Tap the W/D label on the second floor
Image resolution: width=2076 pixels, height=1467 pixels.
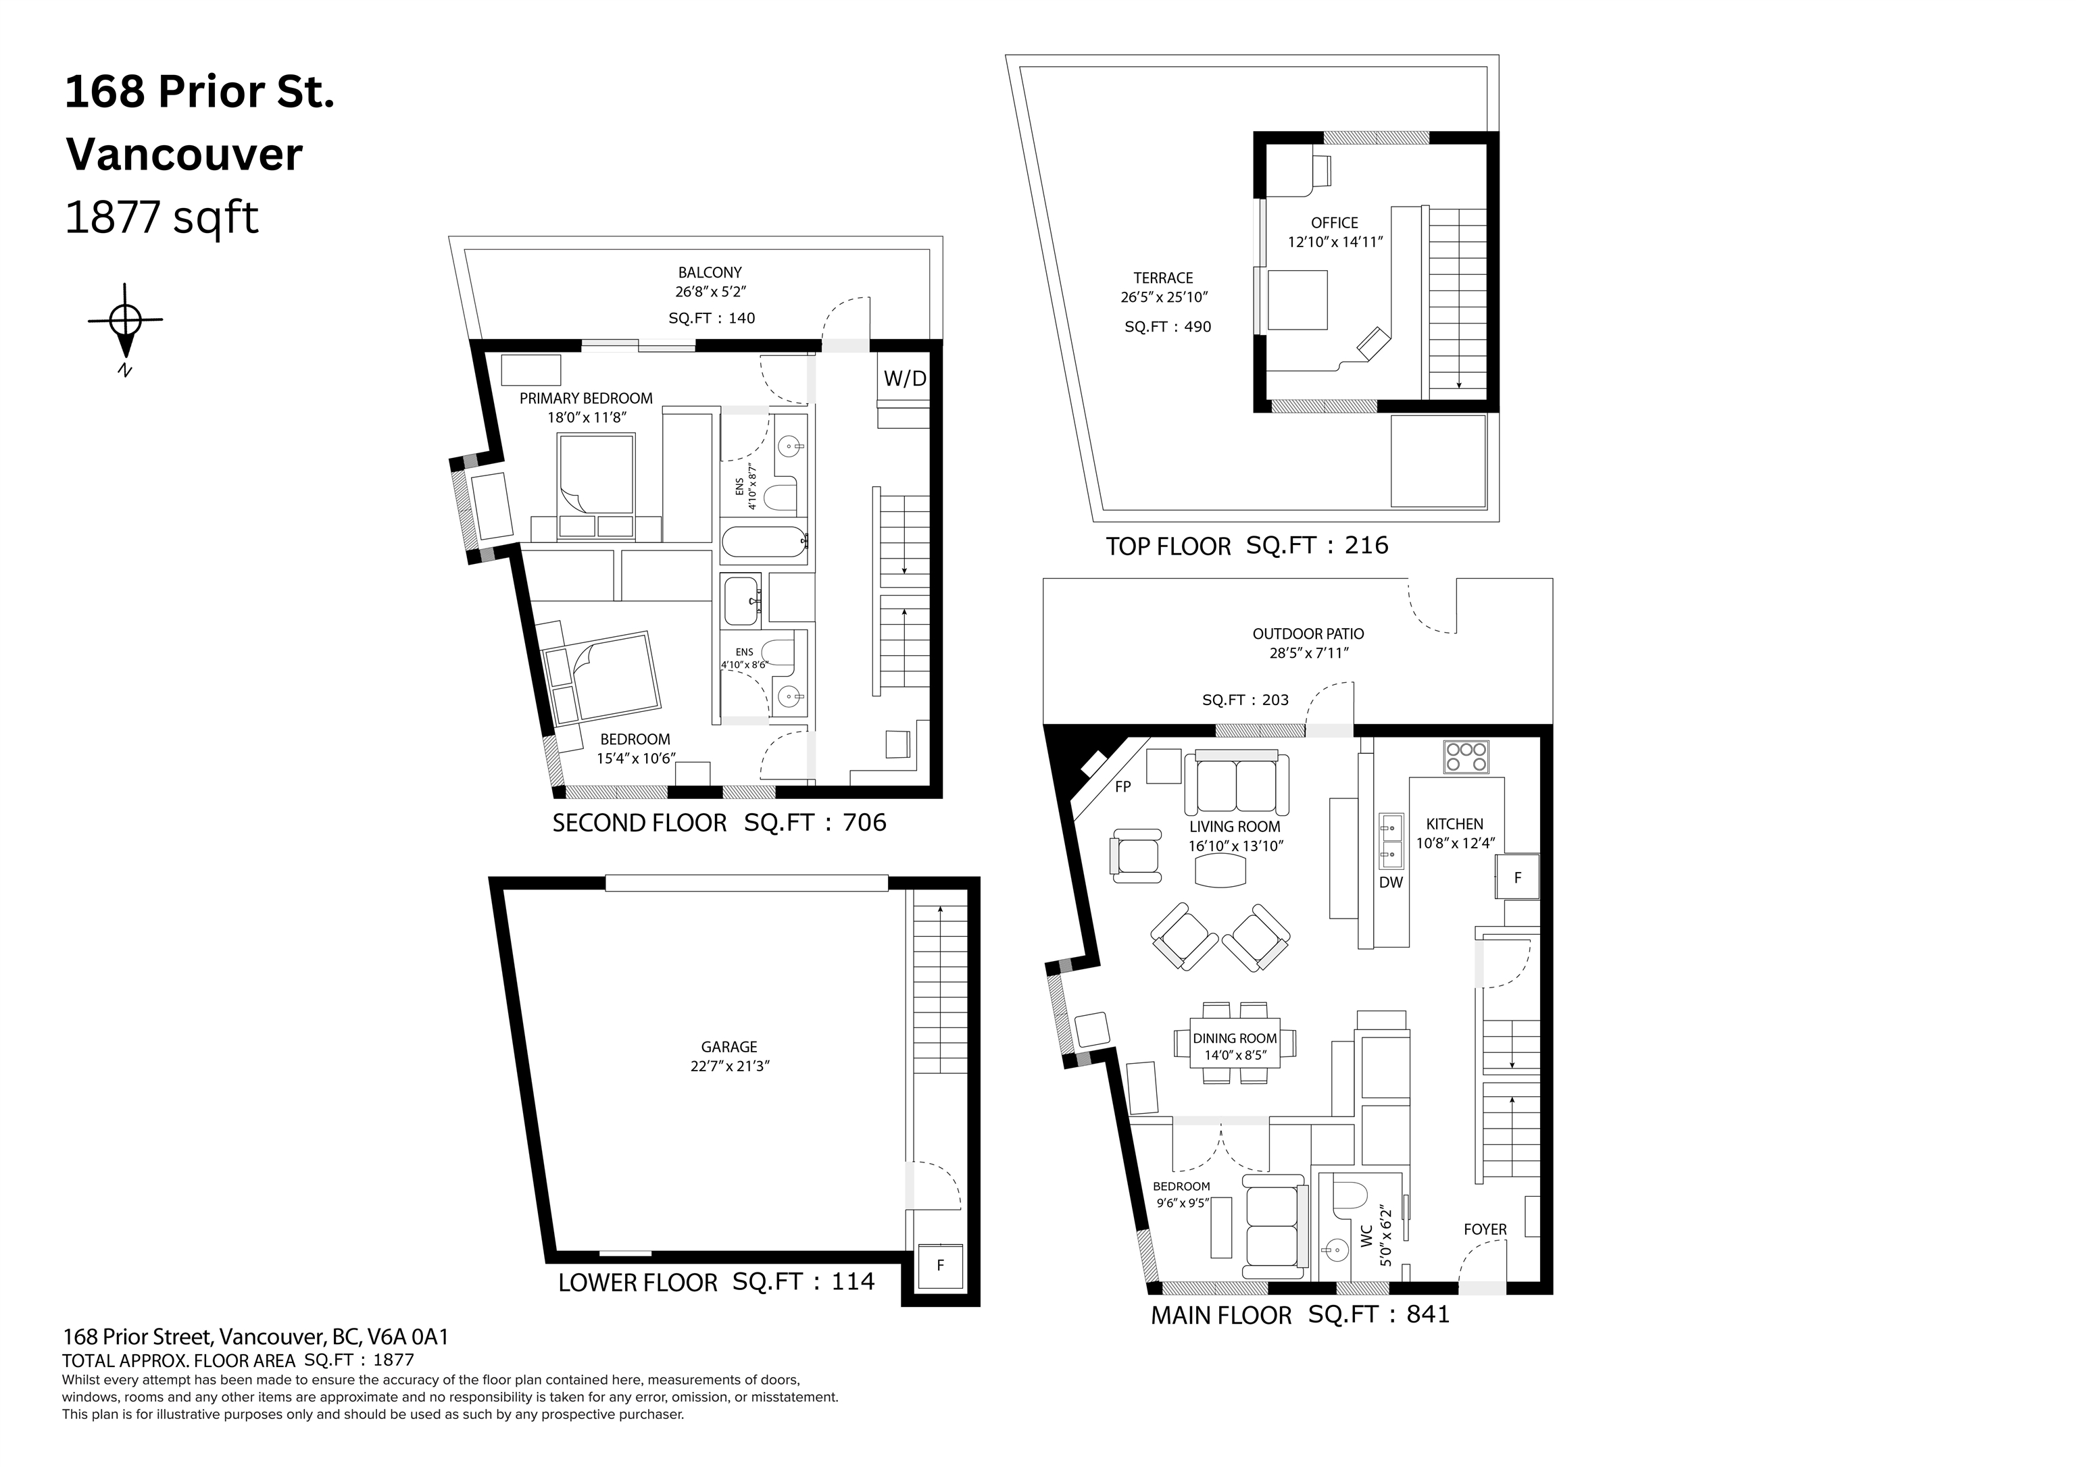coord(904,379)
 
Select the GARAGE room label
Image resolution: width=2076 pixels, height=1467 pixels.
coord(728,1047)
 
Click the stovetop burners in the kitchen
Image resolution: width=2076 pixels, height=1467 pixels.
coord(1466,756)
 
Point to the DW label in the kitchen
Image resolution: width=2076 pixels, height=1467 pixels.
coord(1391,882)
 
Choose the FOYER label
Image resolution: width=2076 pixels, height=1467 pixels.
coord(1485,1229)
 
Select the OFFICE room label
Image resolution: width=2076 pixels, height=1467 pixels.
coord(1335,222)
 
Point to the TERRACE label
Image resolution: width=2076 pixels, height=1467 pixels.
coord(1164,278)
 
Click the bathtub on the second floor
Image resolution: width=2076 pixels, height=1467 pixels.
coord(764,544)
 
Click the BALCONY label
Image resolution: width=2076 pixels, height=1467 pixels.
coord(710,272)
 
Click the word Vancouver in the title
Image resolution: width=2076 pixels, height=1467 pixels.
coord(184,154)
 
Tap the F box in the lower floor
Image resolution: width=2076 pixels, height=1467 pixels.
coord(940,1266)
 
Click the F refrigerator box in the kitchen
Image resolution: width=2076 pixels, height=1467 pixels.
coord(1517,877)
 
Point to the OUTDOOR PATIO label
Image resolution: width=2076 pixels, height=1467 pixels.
coord(1308,634)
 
